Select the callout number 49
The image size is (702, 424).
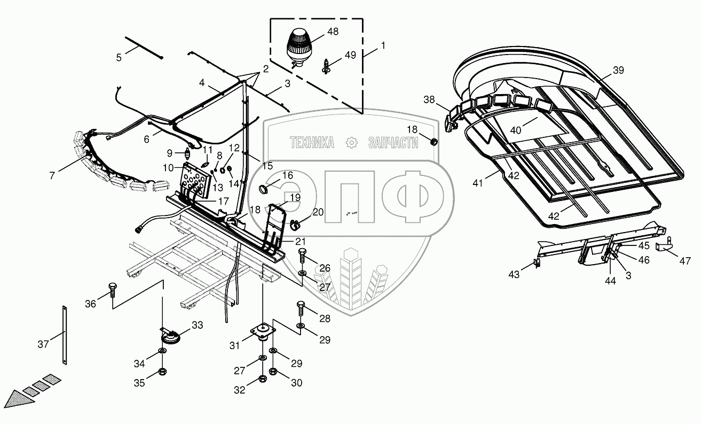[x=350, y=55]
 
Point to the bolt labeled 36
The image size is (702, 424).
[x=112, y=290]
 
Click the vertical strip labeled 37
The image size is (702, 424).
[x=65, y=335]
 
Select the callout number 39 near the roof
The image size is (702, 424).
[x=618, y=70]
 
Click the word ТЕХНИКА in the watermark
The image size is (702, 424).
[x=312, y=143]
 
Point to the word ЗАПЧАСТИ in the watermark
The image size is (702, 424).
[x=393, y=143]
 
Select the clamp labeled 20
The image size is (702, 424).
[x=295, y=225]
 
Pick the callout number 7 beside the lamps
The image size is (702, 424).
[x=52, y=176]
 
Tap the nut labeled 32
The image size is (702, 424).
[x=263, y=379]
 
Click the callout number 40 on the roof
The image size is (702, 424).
[x=516, y=130]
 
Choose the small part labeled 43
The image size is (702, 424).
[x=537, y=263]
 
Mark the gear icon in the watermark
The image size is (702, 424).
[x=352, y=143]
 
